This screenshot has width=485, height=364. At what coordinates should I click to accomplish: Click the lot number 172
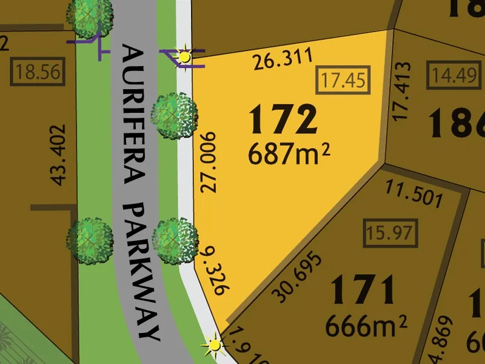point(284,120)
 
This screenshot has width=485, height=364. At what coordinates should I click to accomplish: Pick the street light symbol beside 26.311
point(184,56)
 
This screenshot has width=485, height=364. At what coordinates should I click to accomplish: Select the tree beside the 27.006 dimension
point(175,113)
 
